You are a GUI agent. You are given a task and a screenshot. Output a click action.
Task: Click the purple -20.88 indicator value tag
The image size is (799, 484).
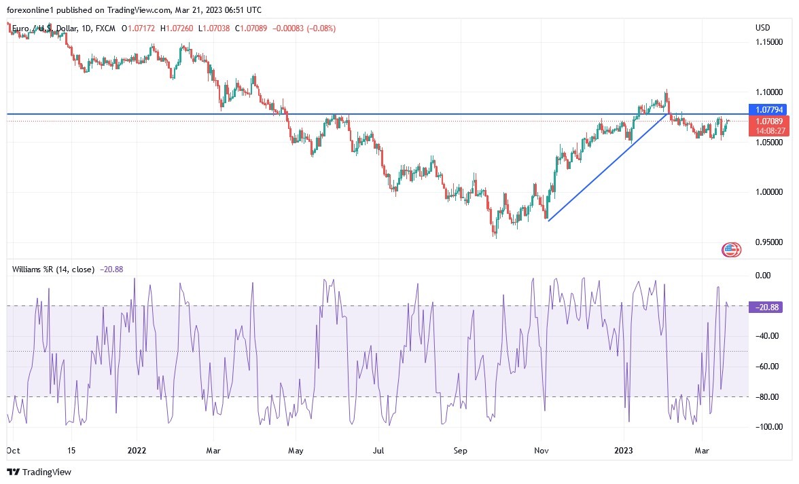(x=768, y=307)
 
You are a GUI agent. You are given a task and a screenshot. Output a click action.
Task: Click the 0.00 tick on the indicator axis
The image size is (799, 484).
(x=763, y=276)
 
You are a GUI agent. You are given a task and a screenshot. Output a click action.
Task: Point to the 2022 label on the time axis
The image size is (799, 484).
(x=137, y=449)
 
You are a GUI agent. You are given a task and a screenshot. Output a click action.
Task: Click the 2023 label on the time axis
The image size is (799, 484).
(x=623, y=449)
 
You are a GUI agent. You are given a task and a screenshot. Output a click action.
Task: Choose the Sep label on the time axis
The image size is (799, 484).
(x=460, y=449)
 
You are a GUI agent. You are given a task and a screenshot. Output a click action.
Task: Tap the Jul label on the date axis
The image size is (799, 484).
(x=379, y=449)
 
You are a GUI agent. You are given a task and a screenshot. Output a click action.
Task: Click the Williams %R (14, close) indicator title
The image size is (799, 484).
(x=53, y=269)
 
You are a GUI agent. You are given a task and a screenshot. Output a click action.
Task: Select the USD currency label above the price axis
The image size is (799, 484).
(x=762, y=28)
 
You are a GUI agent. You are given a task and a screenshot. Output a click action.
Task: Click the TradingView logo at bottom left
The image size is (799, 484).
(x=39, y=472)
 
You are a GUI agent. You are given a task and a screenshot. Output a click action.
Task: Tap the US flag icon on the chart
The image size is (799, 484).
(x=730, y=250)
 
